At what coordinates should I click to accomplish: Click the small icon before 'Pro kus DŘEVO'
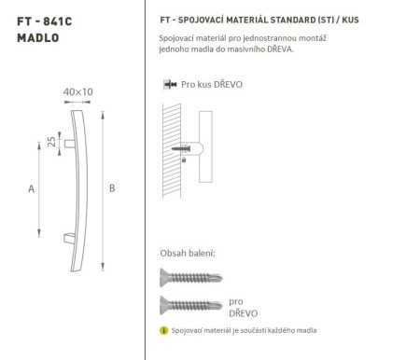(x=169, y=85)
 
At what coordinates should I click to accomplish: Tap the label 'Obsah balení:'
(x=188, y=253)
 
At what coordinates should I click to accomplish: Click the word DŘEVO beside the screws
(x=242, y=314)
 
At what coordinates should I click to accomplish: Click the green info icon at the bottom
(x=163, y=331)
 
